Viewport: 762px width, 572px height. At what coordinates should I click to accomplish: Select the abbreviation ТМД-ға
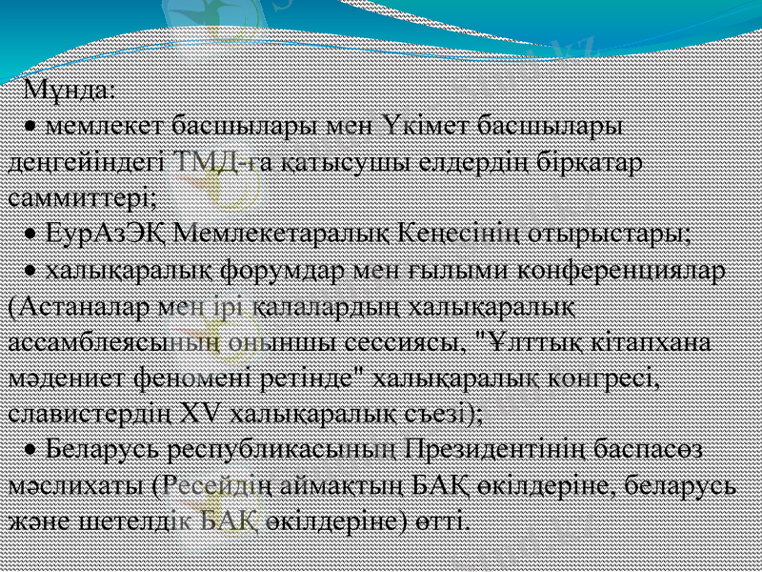click(x=214, y=162)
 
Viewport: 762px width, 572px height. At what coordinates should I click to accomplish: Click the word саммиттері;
click(x=82, y=198)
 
